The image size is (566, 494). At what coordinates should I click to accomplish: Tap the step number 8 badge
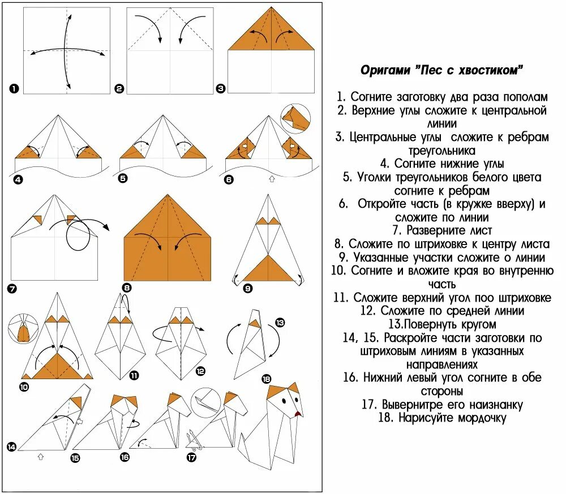click(127, 287)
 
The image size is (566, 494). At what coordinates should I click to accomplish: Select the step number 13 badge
click(280, 323)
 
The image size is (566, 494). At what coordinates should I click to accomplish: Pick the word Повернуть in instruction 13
click(422, 324)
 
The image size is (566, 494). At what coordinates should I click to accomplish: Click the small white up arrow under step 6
click(271, 179)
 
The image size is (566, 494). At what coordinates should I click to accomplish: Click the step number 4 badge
click(18, 180)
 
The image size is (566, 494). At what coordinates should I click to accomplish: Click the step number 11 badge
click(134, 375)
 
